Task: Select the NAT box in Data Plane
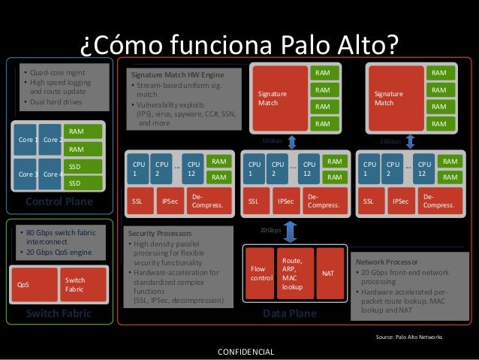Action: click(328, 274)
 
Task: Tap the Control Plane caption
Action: click(59, 201)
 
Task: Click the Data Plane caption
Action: click(290, 313)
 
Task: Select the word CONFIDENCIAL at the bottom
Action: click(246, 352)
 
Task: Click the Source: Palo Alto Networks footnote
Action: click(408, 337)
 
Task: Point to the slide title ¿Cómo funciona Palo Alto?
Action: click(239, 44)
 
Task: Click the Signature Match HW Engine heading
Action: click(177, 76)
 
